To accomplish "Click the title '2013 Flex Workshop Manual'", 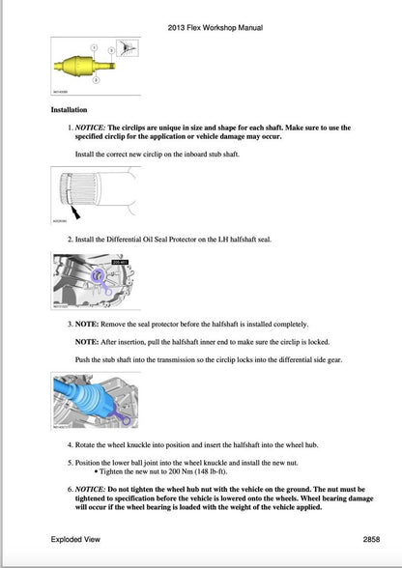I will [x=200, y=28].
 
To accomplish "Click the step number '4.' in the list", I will [x=70, y=445].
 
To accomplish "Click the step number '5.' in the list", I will [x=70, y=462].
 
